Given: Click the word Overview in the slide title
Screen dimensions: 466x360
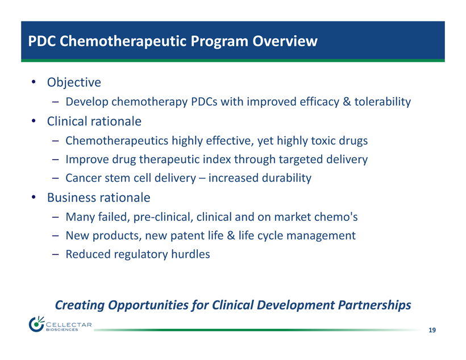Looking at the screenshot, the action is coord(285,41).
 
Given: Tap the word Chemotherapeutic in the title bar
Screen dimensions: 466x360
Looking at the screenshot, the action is coord(123,41).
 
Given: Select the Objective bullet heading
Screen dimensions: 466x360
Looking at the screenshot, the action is coord(74,82).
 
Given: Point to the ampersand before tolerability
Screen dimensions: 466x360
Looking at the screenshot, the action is coord(347,102).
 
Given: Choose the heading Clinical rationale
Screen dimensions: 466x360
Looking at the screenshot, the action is coord(94,121).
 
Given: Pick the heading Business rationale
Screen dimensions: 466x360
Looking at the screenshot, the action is coord(99,198).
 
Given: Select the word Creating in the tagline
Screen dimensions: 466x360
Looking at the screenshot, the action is coord(80,305).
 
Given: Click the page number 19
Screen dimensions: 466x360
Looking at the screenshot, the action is coord(432,330).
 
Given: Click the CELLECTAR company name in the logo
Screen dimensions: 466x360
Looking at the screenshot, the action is coord(69,324).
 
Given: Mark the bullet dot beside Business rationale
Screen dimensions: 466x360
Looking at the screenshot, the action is coord(34,197).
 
